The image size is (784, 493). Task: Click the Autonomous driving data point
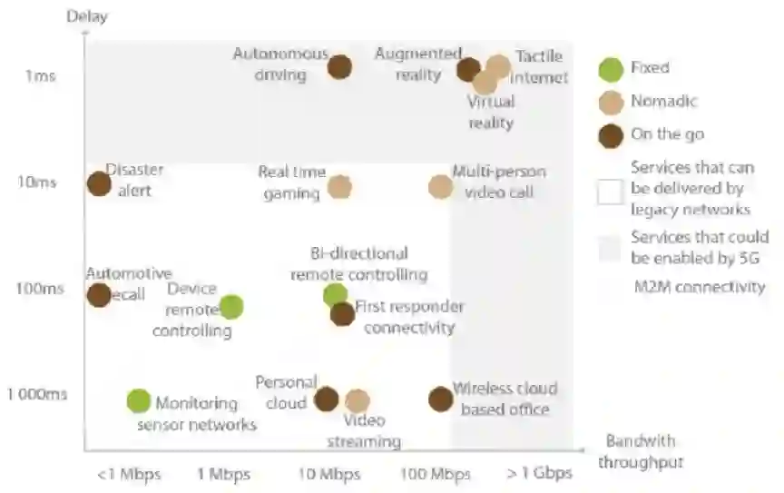tap(339, 66)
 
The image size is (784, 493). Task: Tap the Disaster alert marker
tap(99, 183)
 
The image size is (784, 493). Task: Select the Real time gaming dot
tap(339, 187)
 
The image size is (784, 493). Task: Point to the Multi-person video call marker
tap(440, 187)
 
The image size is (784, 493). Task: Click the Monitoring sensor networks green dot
tap(138, 400)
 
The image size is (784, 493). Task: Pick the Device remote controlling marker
tap(231, 307)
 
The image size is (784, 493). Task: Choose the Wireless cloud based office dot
tap(440, 399)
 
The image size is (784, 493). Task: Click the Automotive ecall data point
tap(99, 295)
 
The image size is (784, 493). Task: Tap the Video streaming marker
tap(358, 401)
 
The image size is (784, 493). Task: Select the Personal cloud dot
tap(327, 399)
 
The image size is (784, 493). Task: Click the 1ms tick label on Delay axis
tap(40, 75)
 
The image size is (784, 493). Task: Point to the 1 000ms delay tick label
tap(36, 395)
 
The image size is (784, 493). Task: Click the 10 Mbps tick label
tap(329, 474)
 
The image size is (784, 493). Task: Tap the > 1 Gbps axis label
tap(540, 474)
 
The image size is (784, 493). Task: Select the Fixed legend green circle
tap(612, 68)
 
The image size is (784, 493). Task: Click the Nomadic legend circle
tap(612, 103)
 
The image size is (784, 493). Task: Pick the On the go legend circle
tap(612, 135)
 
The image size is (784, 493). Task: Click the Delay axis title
tap(86, 15)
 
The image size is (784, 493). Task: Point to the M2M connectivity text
tap(700, 288)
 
